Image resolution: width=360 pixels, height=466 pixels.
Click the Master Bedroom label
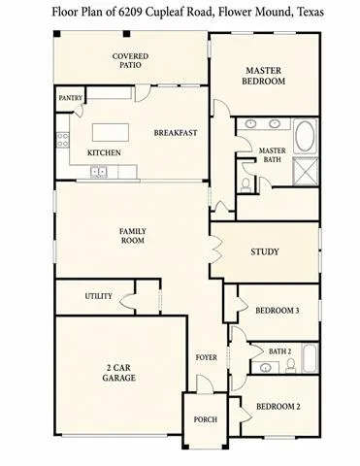pyautogui.click(x=264, y=76)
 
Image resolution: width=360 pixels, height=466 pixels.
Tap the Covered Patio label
pyautogui.click(x=130, y=60)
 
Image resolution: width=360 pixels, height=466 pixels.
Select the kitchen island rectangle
pyautogui.click(x=111, y=132)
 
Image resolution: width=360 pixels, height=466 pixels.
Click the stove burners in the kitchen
pyautogui.click(x=63, y=140)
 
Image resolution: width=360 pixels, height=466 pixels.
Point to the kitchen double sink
pyautogui.click(x=99, y=171)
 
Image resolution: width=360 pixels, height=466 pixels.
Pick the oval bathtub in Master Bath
pyautogui.click(x=305, y=136)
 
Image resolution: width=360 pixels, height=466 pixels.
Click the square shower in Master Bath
pyautogui.click(x=306, y=172)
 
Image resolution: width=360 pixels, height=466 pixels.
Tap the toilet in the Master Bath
pyautogui.click(x=245, y=184)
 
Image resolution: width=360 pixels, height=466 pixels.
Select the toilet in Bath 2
pyautogui.click(x=290, y=366)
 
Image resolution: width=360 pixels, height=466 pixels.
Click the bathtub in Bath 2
pyautogui.click(x=310, y=358)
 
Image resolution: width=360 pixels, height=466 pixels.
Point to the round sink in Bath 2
pyautogui.click(x=266, y=368)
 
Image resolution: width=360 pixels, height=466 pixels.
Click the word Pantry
pyautogui.click(x=71, y=98)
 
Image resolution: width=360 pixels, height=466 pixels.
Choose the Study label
pyautogui.click(x=265, y=251)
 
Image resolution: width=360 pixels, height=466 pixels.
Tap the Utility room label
pyautogui.click(x=99, y=296)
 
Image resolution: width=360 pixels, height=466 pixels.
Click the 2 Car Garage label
pyautogui.click(x=118, y=373)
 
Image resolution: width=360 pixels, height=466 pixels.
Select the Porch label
pyautogui.click(x=205, y=419)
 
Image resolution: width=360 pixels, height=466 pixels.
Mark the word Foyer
pyautogui.click(x=206, y=357)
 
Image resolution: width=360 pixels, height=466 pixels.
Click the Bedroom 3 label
pyautogui.click(x=278, y=311)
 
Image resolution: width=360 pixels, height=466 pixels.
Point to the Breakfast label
pyautogui.click(x=176, y=133)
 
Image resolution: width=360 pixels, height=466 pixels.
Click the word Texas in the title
pyautogui.click(x=311, y=13)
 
